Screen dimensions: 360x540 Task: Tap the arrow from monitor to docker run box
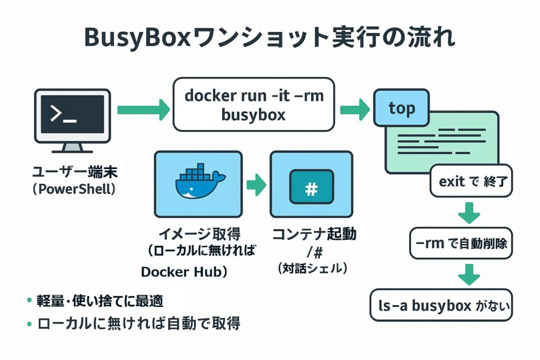(143, 110)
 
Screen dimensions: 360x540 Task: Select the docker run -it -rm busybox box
(254, 104)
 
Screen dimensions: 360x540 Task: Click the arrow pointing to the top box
(354, 110)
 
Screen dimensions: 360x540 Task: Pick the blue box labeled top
(401, 109)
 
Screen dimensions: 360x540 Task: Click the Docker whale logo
(198, 182)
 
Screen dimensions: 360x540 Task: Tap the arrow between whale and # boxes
(256, 184)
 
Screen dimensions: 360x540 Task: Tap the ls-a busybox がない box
(442, 305)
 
